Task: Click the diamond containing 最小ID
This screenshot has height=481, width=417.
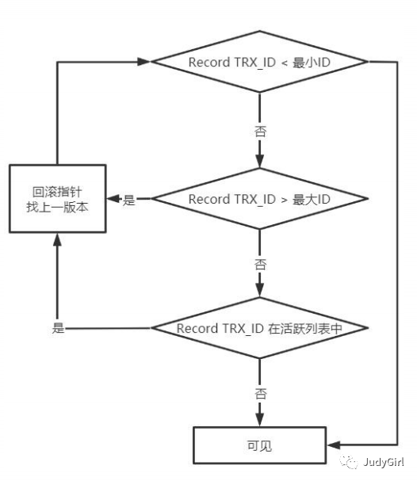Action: coord(259,61)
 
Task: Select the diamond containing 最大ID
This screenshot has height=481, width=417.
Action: coord(259,199)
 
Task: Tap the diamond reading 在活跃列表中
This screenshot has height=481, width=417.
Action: coord(259,328)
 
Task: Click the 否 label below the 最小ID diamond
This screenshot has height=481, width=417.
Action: coord(259,130)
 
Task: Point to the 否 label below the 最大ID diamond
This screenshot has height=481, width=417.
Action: coord(259,263)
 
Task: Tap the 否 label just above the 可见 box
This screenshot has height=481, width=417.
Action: coord(259,392)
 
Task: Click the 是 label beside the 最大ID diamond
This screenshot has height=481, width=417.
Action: coord(129,200)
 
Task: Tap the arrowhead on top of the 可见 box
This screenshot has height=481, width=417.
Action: coord(259,419)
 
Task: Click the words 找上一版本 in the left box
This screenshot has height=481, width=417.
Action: coord(56,208)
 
